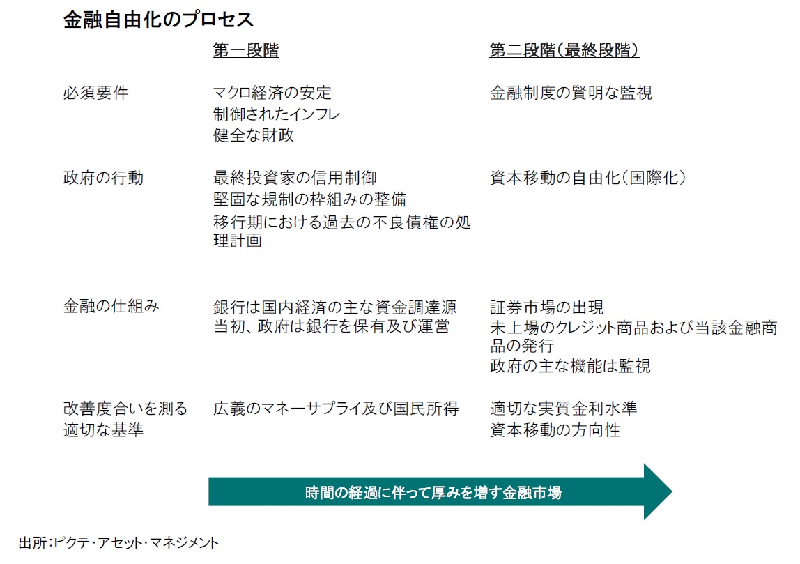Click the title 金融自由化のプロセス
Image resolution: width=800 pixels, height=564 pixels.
coord(158,20)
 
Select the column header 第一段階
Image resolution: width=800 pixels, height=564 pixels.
coord(246,50)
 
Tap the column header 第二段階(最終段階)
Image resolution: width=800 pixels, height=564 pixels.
coord(564,50)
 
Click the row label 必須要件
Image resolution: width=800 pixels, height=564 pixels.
coord(95,93)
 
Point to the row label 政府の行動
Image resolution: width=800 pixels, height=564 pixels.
coord(103,178)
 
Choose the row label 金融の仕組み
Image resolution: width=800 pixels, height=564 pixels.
coord(111,306)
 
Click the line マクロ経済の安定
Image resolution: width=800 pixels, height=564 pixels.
coord(272,93)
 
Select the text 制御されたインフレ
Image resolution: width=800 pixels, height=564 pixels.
coord(277,114)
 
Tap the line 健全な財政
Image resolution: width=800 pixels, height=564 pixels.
coord(254,135)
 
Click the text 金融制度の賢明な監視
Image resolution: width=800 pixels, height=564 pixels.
coord(571,93)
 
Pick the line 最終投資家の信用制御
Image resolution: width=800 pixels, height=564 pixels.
coord(295,178)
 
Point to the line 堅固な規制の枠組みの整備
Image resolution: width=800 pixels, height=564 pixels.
coord(309,199)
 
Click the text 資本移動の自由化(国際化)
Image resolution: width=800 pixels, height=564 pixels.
coord(588,178)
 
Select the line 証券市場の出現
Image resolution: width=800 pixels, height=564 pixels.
coord(547,307)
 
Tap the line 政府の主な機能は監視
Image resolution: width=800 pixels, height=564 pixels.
coord(571,366)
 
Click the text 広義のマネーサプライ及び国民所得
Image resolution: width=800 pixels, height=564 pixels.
coord(336,409)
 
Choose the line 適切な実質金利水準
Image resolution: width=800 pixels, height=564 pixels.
coord(564,409)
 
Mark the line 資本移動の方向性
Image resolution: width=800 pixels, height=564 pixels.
coord(555,430)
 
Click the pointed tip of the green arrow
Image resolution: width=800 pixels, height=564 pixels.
coord(672,491)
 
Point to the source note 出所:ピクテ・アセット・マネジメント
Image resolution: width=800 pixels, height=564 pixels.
coord(118,542)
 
